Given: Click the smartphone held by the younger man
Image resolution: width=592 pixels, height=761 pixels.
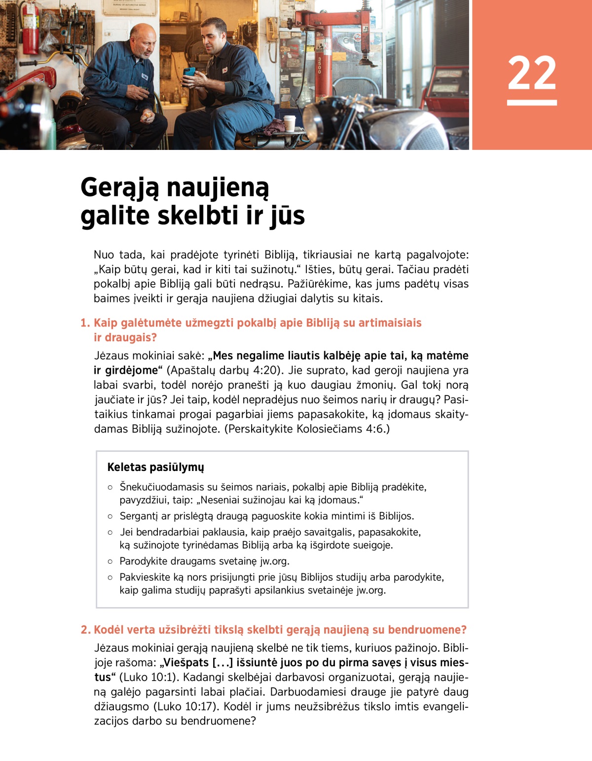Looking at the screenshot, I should pyautogui.click(x=189, y=72).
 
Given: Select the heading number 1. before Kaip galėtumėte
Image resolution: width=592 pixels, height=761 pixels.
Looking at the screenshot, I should pyautogui.click(x=85, y=323).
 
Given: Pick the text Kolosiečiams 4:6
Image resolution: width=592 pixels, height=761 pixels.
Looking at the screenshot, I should pyautogui.click(x=341, y=429).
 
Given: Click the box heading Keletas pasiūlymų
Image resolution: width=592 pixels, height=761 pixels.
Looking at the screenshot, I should pyautogui.click(x=155, y=467).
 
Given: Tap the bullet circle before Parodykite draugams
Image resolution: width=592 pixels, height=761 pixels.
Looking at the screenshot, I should pyautogui.click(x=110, y=561).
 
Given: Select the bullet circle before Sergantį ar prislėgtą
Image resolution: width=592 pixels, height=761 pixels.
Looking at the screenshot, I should pyautogui.click(x=110, y=516).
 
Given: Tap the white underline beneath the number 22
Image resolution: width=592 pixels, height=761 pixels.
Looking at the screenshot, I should pyautogui.click(x=532, y=103).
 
